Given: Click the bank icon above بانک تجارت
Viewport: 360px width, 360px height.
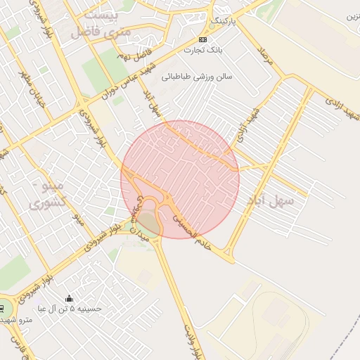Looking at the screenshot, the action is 202,39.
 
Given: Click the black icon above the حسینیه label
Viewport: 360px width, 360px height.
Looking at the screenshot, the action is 69,298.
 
